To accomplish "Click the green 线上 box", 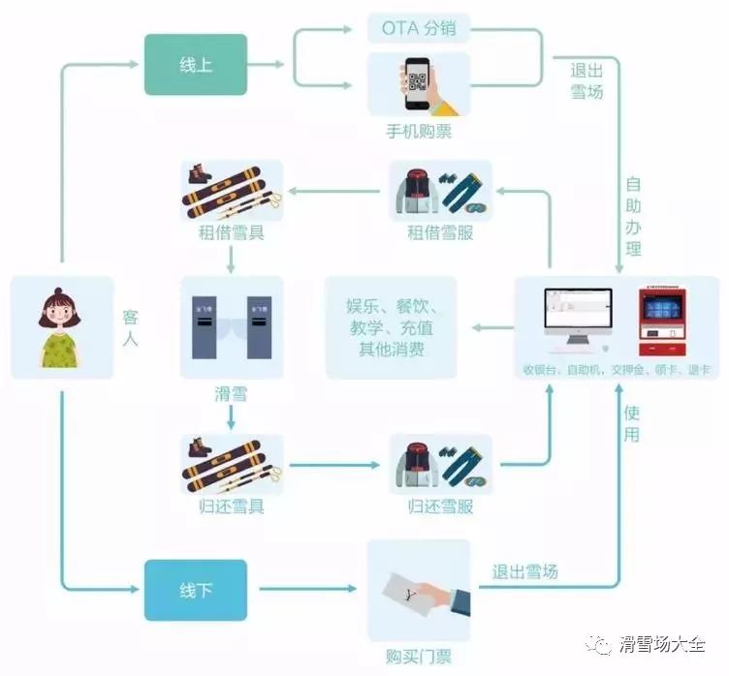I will point(196,65).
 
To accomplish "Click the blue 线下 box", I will point(196,589).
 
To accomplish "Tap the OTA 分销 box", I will point(418,28).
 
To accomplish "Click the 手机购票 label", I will point(418,132).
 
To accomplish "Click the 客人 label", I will point(130,327).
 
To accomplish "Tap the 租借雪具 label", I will point(231,232).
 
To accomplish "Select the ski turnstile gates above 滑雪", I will point(231,325).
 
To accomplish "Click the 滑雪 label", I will point(230,393).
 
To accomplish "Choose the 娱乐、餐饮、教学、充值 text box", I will point(391,327).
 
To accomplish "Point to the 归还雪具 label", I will point(231,505).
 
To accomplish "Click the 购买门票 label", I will point(418,657).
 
